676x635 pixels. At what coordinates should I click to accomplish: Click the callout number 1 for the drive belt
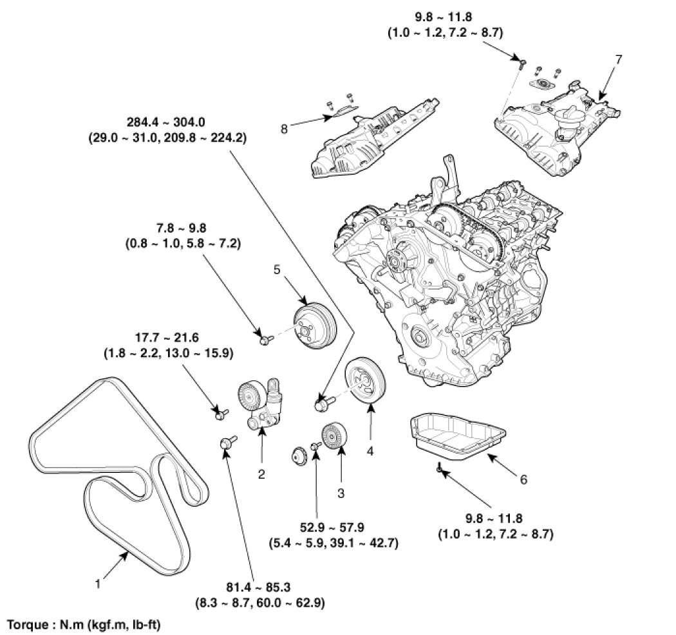[x=97, y=584]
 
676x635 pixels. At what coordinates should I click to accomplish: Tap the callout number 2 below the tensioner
[x=261, y=475]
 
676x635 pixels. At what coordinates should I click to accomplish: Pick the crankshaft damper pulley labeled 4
[x=364, y=383]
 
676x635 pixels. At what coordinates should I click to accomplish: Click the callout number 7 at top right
[x=618, y=59]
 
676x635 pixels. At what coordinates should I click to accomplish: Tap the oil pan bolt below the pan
[x=438, y=468]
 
